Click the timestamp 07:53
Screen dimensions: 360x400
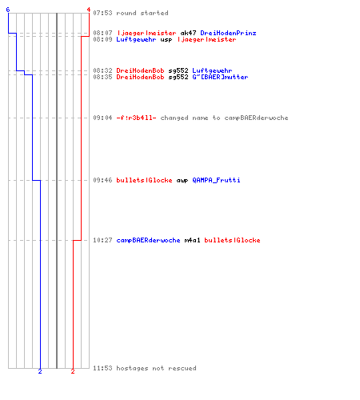click(102, 13)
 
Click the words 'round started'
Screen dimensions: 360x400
click(142, 13)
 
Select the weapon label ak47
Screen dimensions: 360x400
click(188, 33)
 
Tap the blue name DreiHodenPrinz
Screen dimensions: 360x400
click(228, 33)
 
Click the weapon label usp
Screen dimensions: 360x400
click(166, 40)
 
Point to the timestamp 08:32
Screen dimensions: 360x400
click(102, 70)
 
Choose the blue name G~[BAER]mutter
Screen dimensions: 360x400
click(220, 77)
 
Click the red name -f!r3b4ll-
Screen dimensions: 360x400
click(136, 118)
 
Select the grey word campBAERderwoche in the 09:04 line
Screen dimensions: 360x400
click(256, 118)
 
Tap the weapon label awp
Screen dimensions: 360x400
click(182, 181)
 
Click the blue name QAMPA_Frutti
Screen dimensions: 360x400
click(216, 180)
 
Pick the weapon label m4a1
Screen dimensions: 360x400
click(192, 240)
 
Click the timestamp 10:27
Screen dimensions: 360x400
click(102, 240)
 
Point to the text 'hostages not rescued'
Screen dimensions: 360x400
click(156, 368)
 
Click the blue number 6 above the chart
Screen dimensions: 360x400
click(8, 10)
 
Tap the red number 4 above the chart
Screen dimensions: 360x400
click(89, 10)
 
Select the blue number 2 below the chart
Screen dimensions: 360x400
click(40, 371)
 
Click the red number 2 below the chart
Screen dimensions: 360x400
click(73, 371)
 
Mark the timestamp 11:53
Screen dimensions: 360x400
click(102, 368)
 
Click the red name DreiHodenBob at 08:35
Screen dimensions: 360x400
click(140, 77)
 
